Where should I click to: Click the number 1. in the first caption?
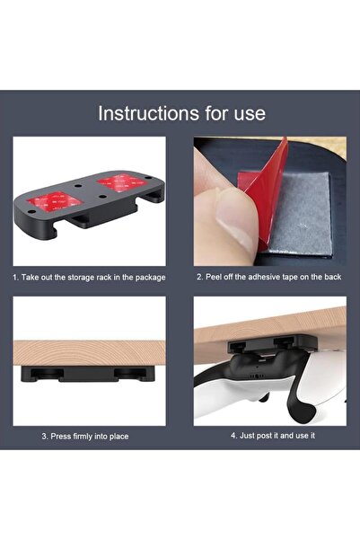tap(16, 278)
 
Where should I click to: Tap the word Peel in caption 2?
tap(215, 278)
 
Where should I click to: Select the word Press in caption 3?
tap(57, 436)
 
